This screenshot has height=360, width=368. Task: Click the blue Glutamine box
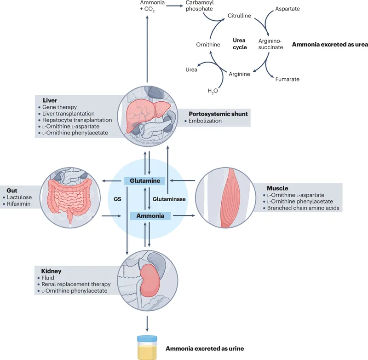click(x=145, y=181)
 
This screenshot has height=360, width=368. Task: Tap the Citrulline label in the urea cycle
click(x=239, y=16)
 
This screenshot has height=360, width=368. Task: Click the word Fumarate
click(x=287, y=79)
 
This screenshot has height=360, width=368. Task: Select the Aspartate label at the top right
click(x=288, y=9)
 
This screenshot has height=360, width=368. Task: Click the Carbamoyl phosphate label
click(x=200, y=6)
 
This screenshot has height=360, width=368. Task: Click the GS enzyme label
click(x=117, y=199)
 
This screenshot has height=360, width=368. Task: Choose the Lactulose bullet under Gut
click(x=19, y=197)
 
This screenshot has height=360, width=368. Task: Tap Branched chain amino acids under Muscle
click(x=305, y=208)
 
